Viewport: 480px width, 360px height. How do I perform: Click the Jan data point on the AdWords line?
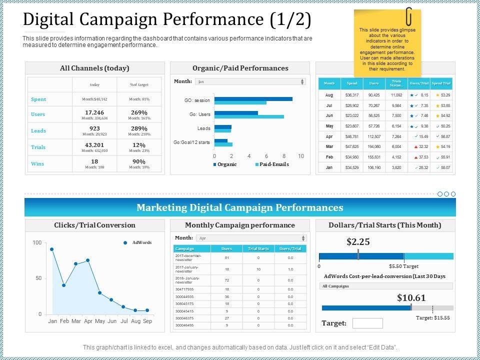52,249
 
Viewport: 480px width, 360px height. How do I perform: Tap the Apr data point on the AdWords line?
88,260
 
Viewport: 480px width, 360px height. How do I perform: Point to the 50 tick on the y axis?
38,278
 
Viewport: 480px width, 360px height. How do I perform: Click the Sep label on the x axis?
147,321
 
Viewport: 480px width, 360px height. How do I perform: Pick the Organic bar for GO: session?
253,99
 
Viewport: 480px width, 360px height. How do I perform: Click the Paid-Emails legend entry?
272,164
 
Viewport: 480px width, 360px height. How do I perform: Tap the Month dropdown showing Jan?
250,81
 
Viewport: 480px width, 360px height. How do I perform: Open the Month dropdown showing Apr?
250,238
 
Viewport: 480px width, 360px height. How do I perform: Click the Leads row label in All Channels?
38,130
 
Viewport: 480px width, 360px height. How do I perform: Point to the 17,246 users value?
94,112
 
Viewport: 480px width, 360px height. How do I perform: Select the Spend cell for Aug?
352,94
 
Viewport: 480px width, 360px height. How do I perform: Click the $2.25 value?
358,242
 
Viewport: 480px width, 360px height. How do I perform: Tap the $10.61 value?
411,298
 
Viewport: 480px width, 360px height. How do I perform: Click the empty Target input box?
367,323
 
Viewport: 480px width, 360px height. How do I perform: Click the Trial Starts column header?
258,248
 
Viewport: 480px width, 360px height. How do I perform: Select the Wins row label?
37,163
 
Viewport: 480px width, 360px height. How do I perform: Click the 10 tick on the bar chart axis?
301,156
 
